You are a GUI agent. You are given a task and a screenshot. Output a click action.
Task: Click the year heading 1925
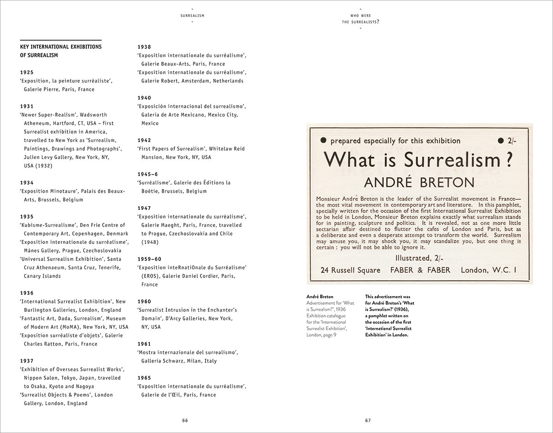(27, 72)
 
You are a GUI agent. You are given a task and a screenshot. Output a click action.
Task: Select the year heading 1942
(144, 140)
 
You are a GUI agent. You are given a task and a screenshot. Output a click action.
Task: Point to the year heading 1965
(144, 378)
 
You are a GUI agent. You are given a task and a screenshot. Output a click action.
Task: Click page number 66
(185, 420)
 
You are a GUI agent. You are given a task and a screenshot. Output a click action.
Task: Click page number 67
(368, 420)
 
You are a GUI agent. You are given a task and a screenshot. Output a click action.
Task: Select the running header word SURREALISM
(192, 15)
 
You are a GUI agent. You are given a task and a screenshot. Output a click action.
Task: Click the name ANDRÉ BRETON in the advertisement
(419, 182)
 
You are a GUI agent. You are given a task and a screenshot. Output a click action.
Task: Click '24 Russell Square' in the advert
(350, 270)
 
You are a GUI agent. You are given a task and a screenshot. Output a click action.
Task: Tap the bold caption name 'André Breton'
(320, 297)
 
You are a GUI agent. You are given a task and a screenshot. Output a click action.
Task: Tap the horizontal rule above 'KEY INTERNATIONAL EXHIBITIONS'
(61, 41)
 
